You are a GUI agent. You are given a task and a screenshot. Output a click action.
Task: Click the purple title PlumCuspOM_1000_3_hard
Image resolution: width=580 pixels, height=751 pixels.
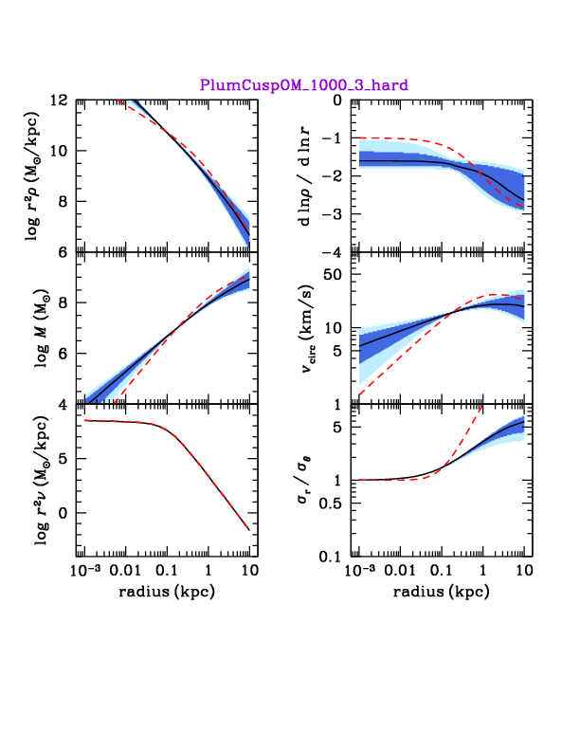click(x=303, y=85)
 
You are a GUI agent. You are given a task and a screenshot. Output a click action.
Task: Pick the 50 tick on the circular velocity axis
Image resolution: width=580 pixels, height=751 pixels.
click(x=331, y=275)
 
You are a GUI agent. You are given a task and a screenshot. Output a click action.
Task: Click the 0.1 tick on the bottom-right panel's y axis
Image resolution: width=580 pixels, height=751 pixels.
click(x=330, y=556)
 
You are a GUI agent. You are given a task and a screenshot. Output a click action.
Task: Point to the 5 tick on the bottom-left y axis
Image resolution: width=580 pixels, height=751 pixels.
click(x=62, y=459)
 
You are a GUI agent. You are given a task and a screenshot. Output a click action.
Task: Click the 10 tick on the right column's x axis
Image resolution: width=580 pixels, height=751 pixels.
click(x=523, y=572)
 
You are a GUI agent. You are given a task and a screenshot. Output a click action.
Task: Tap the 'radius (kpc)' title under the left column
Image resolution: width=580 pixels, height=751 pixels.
click(x=166, y=594)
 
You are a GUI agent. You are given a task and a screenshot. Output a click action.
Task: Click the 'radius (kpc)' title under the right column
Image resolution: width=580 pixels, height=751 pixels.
click(x=441, y=594)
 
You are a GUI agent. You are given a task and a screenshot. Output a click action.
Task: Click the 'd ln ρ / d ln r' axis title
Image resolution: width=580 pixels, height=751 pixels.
click(x=305, y=176)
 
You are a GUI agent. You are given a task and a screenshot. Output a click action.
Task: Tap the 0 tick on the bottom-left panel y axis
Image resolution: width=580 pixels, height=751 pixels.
click(x=62, y=513)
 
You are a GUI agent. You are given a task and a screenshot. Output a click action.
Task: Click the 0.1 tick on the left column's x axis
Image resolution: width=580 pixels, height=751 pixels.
click(x=167, y=572)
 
